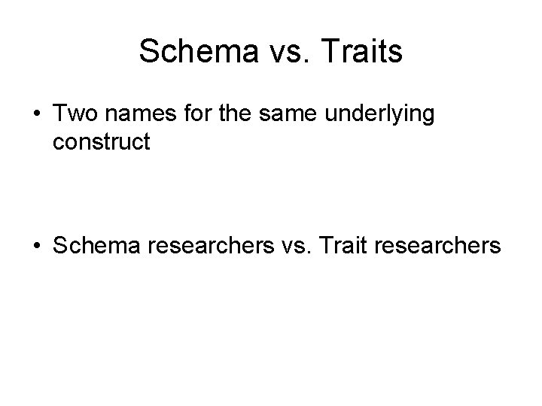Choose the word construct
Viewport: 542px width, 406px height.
tap(102, 143)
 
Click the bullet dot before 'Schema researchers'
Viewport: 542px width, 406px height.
tap(36, 244)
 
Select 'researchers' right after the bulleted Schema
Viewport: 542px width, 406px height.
tap(204, 244)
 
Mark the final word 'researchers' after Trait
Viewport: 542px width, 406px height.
tap(434, 244)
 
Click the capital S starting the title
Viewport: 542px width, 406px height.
tap(148, 52)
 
